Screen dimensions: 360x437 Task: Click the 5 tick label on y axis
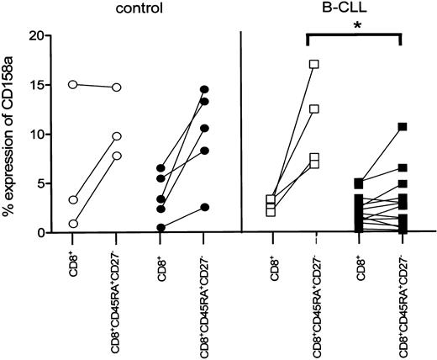click(x=39, y=183)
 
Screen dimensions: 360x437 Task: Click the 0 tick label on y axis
click(x=39, y=232)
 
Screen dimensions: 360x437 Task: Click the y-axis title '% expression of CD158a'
click(x=12, y=135)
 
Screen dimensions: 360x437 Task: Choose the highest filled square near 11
click(x=403, y=127)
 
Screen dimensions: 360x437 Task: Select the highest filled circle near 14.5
click(x=204, y=89)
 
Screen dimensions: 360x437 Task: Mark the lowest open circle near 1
click(x=73, y=224)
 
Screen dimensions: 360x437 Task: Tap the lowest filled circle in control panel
click(x=161, y=227)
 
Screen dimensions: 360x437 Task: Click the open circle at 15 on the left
click(x=73, y=84)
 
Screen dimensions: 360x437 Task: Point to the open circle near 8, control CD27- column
click(x=117, y=156)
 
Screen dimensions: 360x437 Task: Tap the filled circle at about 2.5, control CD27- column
click(x=204, y=207)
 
